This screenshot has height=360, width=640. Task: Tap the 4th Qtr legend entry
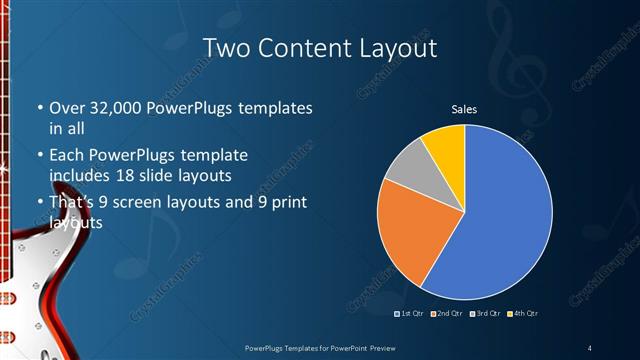point(522,314)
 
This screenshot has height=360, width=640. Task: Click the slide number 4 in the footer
point(590,347)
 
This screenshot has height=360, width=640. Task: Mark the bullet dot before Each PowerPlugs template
point(39,156)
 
